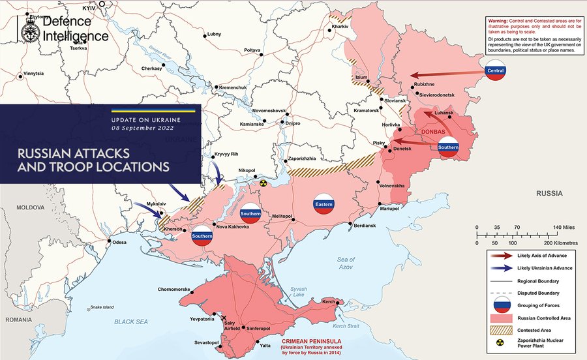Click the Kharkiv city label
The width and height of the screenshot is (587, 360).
(340, 26)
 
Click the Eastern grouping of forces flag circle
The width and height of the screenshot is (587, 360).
(324, 204)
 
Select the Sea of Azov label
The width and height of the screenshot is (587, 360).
(346, 264)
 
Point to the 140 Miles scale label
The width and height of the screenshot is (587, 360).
(564, 227)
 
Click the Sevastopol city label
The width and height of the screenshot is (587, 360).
(205, 342)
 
